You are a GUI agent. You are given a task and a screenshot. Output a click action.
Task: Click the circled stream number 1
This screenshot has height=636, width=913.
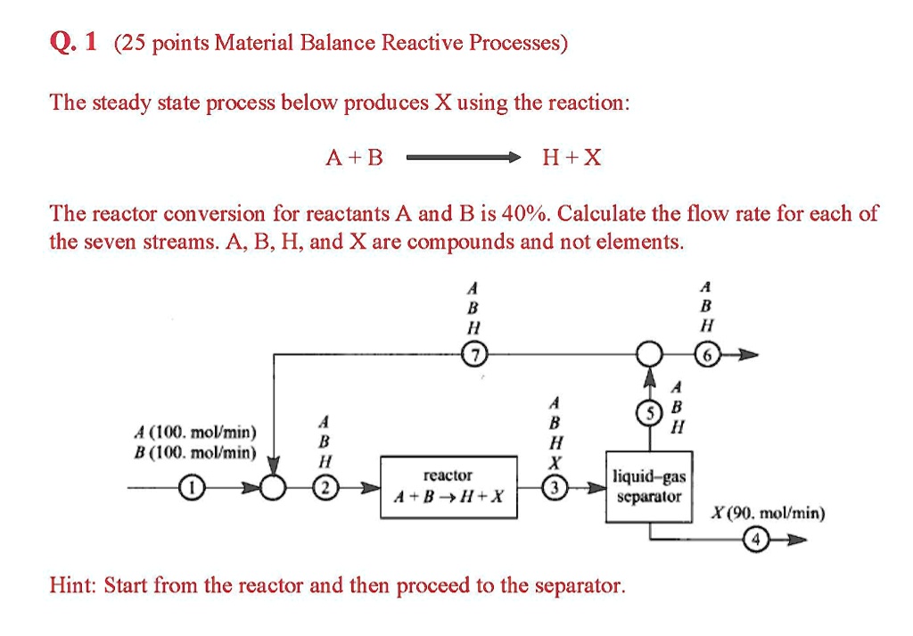189,488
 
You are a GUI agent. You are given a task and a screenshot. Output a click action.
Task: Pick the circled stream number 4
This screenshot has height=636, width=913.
758,540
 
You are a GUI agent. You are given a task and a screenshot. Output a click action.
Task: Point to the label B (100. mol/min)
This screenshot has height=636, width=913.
194,451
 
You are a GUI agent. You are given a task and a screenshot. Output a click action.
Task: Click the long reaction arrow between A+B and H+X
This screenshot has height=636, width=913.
464,159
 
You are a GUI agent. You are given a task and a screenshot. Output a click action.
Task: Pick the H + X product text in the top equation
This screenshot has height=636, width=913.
572,159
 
